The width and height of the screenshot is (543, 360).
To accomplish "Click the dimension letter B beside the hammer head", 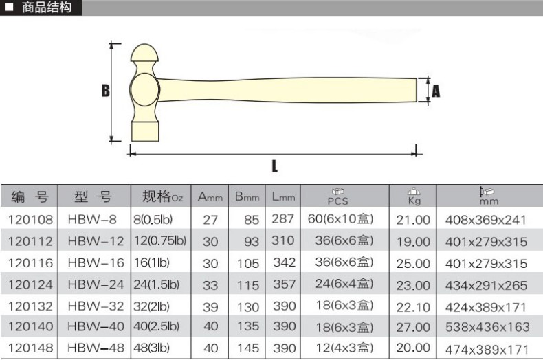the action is [x=106, y=91].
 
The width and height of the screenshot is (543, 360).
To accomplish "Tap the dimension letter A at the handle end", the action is [x=436, y=91].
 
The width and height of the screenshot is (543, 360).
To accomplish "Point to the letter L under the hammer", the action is [x=275, y=166].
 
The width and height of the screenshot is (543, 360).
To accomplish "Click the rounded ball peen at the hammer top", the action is [x=144, y=53].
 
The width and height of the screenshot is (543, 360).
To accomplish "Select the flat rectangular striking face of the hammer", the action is [x=145, y=131].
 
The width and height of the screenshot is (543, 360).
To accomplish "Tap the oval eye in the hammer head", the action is [x=144, y=89].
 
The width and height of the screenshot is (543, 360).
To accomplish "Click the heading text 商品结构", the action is [x=47, y=8].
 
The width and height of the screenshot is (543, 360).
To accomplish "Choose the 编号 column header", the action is [x=30, y=196].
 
